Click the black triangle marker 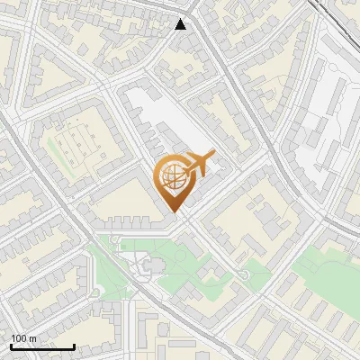181,24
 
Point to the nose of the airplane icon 212,154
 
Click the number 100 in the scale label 19,338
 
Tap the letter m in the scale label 32,338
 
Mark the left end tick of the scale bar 11,346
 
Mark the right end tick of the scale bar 74,346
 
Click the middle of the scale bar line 42,346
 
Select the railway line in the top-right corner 337,22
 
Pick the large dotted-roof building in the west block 79,142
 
